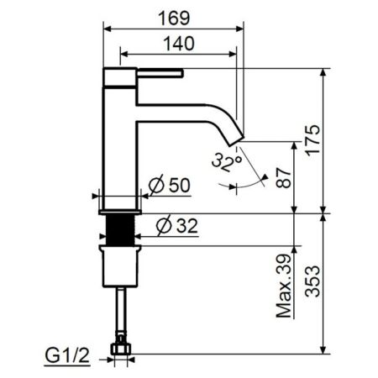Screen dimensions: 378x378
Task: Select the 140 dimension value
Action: click(x=179, y=42)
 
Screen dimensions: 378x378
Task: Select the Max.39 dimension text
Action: click(x=286, y=286)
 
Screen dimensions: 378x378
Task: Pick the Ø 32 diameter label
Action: click(x=176, y=224)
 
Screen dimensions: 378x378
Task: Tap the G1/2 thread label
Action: click(x=68, y=359)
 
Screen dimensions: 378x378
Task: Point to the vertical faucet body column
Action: click(x=119, y=143)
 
